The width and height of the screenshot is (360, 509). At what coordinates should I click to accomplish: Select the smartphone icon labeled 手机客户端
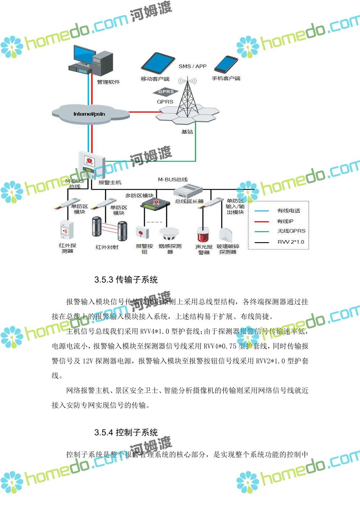(x=226, y=65)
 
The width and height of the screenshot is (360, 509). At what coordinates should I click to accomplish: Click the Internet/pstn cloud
(x=90, y=114)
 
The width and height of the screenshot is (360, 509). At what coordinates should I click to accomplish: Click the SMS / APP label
(x=192, y=66)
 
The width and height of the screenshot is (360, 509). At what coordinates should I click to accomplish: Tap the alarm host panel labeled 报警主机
(x=91, y=165)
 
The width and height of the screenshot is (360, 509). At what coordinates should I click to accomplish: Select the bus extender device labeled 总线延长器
(x=188, y=191)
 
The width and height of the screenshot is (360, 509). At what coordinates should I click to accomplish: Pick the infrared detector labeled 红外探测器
(x=67, y=230)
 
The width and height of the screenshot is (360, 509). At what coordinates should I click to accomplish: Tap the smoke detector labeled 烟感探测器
(x=169, y=234)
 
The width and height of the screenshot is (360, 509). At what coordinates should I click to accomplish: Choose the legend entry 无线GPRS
(x=291, y=231)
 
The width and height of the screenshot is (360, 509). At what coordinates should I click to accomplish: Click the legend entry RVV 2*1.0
(x=291, y=242)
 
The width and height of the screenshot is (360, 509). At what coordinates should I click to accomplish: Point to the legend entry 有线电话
(x=289, y=211)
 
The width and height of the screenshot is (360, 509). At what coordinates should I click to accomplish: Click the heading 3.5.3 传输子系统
(x=126, y=280)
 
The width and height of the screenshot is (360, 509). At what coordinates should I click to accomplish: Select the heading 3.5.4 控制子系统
(x=126, y=432)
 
